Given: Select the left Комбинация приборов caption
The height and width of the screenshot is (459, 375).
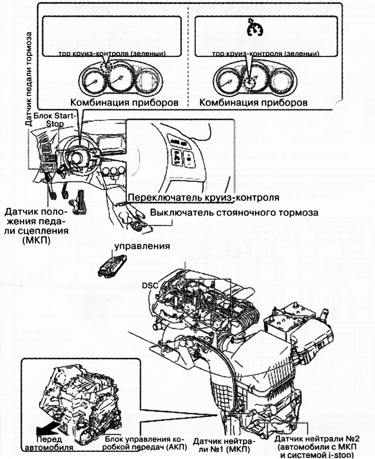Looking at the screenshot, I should coord(124,102).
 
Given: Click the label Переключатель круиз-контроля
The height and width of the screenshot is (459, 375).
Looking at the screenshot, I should coord(203,197).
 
